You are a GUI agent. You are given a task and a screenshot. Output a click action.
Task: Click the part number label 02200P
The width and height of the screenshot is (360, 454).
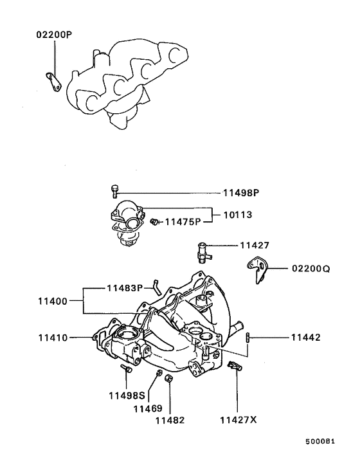(53, 33)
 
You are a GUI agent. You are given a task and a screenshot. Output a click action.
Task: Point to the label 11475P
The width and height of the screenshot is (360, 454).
(183, 222)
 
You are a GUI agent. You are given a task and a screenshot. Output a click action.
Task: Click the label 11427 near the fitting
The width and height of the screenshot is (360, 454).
(255, 246)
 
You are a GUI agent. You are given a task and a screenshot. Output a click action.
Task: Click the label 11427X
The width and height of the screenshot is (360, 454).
(238, 420)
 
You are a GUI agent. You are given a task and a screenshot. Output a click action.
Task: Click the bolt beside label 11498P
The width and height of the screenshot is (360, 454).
(115, 190)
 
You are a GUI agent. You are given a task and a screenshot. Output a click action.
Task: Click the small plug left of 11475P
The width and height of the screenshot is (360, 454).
(154, 222)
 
